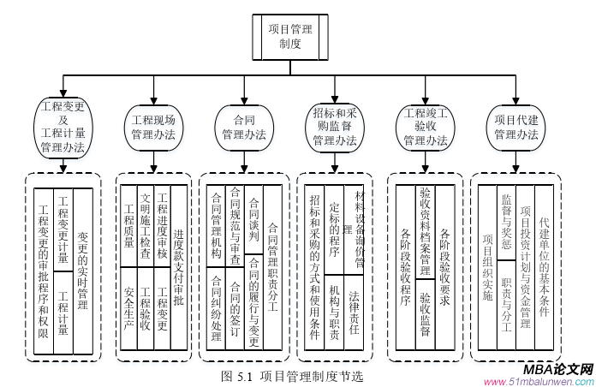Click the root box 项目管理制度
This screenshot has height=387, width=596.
pos(290,35)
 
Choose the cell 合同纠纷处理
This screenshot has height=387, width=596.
pos(215,307)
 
